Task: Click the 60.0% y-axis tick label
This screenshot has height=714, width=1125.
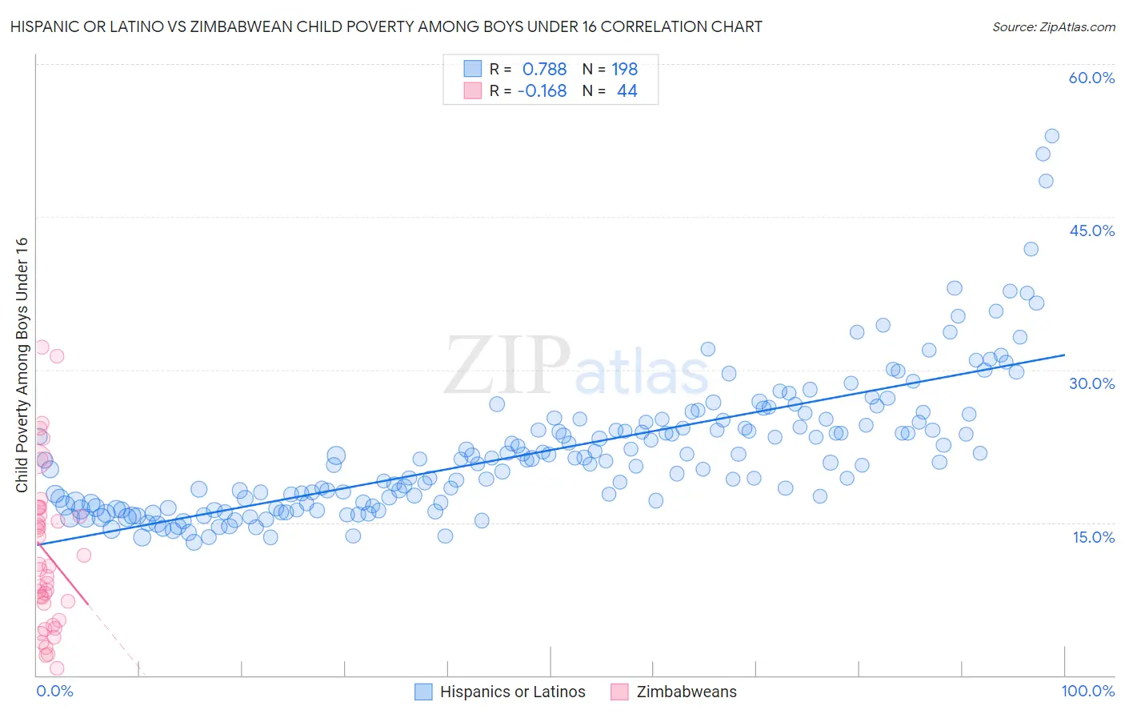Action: (x=1091, y=78)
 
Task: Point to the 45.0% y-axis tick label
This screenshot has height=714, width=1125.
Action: (x=1091, y=231)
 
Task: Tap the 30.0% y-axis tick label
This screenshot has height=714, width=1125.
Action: (x=1091, y=383)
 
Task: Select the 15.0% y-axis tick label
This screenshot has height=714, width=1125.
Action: (x=1093, y=536)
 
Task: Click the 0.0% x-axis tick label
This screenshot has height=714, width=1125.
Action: (x=54, y=691)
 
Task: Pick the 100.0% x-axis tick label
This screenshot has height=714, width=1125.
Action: (x=1087, y=691)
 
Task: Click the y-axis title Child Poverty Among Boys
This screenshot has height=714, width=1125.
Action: (x=22, y=365)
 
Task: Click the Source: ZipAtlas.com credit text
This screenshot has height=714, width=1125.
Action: (x=1053, y=27)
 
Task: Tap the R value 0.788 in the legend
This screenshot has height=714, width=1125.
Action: (x=544, y=69)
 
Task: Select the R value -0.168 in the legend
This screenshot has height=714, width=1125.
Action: (x=542, y=91)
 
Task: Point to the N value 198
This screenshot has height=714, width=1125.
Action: (x=624, y=69)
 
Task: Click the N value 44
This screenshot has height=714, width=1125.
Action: (x=627, y=91)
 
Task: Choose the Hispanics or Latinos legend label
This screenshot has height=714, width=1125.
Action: (x=512, y=692)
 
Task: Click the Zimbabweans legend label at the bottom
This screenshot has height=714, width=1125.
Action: (x=686, y=692)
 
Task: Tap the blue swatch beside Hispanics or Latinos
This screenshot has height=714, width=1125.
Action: (x=423, y=692)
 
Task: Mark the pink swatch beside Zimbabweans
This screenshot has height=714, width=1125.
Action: (x=619, y=692)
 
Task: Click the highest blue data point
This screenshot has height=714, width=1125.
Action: (x=1051, y=136)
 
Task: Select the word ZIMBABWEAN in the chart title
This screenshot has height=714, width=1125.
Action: (x=246, y=27)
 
